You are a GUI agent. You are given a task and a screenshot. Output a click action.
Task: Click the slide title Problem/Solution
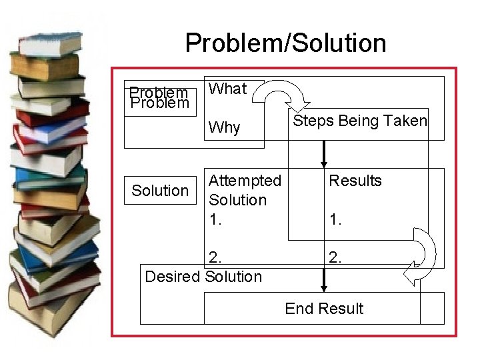[285, 43]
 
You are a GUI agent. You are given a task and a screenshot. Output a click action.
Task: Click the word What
[227, 89]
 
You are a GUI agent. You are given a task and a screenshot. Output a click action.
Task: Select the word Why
[225, 127]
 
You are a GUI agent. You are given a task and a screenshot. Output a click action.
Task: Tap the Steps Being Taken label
[360, 121]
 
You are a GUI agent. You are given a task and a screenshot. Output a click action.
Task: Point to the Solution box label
[160, 191]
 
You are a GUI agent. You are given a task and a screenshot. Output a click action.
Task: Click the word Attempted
[245, 181]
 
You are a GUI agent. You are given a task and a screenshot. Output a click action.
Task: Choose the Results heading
[355, 181]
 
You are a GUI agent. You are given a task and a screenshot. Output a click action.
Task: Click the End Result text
[324, 309]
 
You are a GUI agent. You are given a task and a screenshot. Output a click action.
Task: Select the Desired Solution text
[203, 276]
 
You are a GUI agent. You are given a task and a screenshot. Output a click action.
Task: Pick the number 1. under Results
[335, 219]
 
